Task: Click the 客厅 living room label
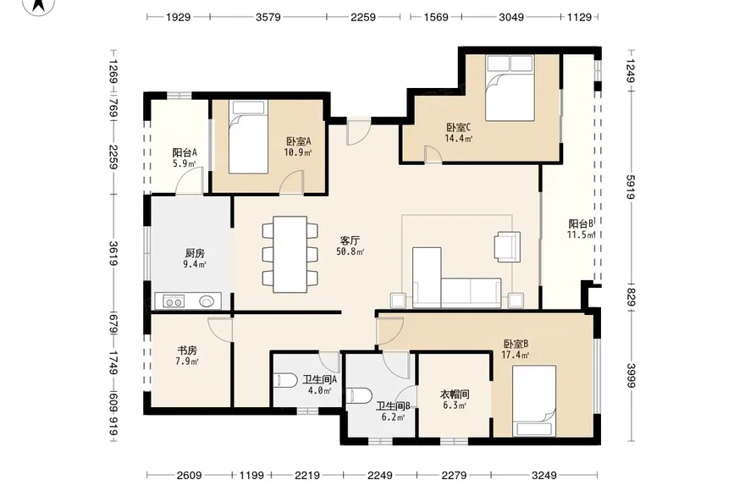pyautogui.click(x=350, y=240)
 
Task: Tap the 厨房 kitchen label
pyautogui.click(x=195, y=253)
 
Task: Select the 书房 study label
pyautogui.click(x=187, y=350)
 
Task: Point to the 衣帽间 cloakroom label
pyautogui.click(x=455, y=394)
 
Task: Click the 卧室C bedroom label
pyautogui.click(x=458, y=127)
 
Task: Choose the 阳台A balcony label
pyautogui.click(x=185, y=152)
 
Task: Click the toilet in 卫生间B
pyautogui.click(x=360, y=395)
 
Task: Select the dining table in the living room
pyautogui.click(x=290, y=254)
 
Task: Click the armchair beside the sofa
pyautogui.click(x=507, y=246)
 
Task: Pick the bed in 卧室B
pyautogui.click(x=534, y=400)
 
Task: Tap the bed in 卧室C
pyautogui.click(x=510, y=88)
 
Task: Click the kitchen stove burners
pyautogui.click(x=174, y=301)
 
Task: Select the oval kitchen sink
pyautogui.click(x=207, y=301)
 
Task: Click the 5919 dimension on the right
pyautogui.click(x=630, y=187)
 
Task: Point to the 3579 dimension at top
pyautogui.click(x=268, y=18)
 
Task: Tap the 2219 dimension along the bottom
pyautogui.click(x=307, y=475)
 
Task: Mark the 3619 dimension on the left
pyautogui.click(x=113, y=253)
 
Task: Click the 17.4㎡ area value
pyautogui.click(x=516, y=355)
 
